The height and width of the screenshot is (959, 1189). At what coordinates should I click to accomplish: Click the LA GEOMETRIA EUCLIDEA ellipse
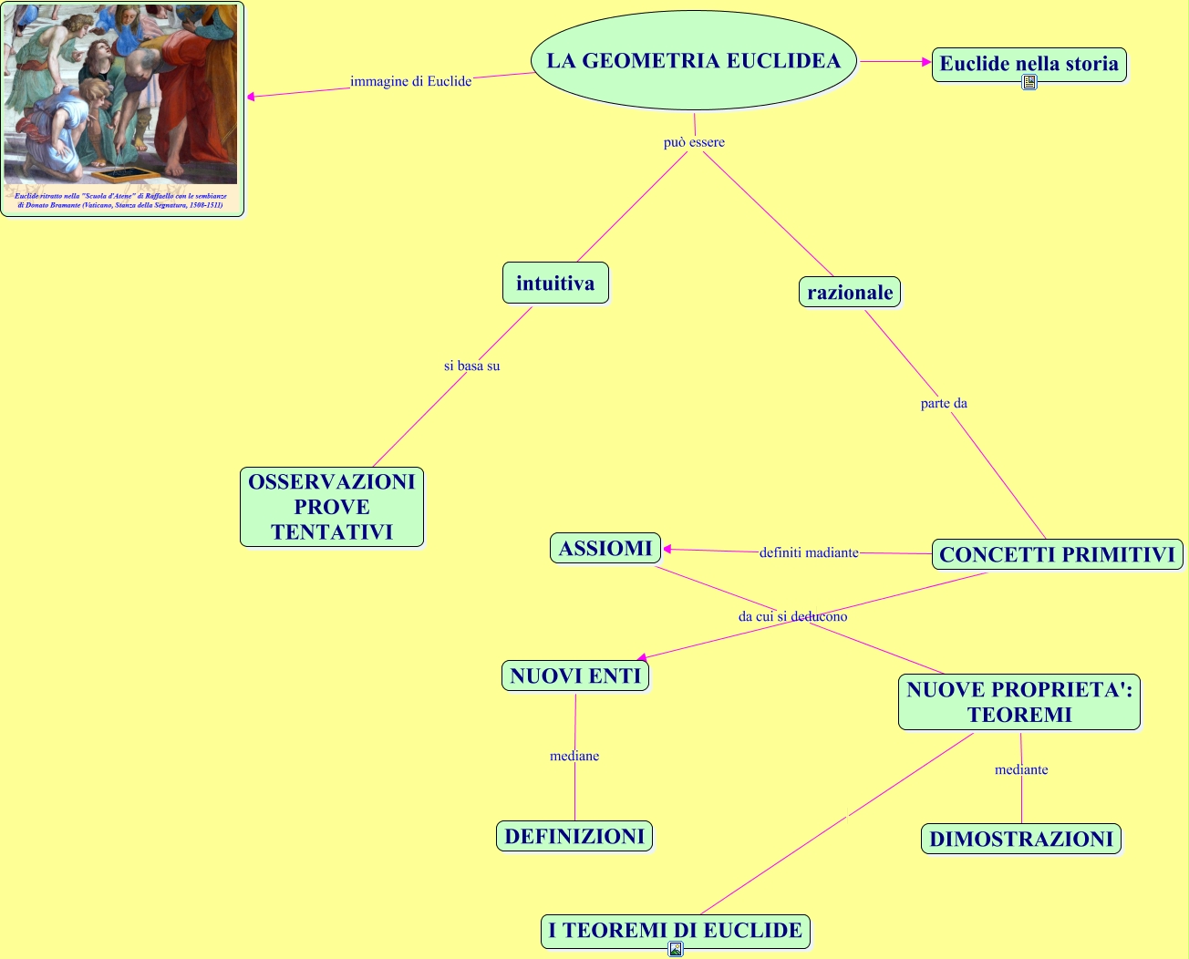click(693, 60)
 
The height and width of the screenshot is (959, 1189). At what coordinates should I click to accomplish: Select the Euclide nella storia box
click(1029, 64)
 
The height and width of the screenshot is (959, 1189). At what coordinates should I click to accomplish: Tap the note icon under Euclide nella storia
click(1029, 82)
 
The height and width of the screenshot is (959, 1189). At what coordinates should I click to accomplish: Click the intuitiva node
click(555, 283)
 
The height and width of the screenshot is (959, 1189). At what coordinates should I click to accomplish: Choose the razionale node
click(850, 293)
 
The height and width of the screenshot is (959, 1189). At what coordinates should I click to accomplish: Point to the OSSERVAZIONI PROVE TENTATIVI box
click(332, 507)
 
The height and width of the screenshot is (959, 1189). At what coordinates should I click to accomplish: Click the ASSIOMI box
click(605, 548)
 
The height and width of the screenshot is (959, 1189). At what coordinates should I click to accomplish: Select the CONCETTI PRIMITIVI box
click(1057, 554)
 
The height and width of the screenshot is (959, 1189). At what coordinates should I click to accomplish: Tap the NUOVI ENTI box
click(575, 675)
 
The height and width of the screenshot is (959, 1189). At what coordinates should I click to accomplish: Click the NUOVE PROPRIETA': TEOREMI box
click(1019, 702)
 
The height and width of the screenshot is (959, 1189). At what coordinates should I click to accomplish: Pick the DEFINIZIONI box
click(574, 836)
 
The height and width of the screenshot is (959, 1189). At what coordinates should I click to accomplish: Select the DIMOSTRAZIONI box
click(1021, 839)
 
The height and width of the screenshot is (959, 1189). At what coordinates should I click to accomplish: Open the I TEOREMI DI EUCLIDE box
click(675, 931)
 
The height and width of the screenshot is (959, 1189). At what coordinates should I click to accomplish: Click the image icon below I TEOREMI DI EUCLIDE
click(675, 950)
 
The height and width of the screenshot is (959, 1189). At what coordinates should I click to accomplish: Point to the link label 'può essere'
click(694, 142)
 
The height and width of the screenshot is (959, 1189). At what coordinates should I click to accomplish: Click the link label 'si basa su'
click(471, 366)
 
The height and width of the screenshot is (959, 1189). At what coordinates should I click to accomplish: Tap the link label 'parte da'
click(944, 403)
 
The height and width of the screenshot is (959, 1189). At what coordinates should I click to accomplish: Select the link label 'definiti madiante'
click(809, 552)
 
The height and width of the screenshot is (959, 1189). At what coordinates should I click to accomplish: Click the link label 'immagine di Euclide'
click(410, 81)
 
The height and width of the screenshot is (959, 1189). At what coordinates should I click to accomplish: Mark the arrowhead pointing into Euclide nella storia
click(926, 61)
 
